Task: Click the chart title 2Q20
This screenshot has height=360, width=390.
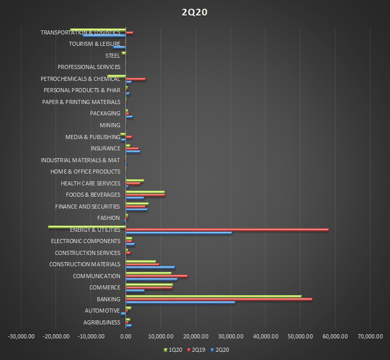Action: tap(194, 12)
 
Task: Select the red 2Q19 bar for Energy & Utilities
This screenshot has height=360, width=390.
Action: tap(227, 230)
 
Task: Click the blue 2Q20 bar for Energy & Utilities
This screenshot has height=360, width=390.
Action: tap(179, 233)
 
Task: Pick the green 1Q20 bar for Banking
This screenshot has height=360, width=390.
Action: tap(214, 296)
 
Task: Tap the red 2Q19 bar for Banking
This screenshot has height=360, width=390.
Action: tap(219, 299)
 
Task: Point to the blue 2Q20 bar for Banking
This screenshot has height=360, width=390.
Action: tap(180, 302)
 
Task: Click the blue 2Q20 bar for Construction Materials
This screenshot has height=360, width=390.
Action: tap(150, 267)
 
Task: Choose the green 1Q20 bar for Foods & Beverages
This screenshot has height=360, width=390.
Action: tap(145, 192)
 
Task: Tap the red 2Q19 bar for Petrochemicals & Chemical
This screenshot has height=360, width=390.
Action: tap(135, 79)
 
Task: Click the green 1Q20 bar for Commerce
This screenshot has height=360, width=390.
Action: tap(149, 284)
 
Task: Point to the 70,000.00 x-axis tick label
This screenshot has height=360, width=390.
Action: tap(370, 336)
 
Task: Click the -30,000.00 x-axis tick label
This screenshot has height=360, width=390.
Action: tap(21, 336)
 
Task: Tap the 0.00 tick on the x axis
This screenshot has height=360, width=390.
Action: tap(126, 336)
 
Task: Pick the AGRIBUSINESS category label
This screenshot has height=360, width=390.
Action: tap(101, 322)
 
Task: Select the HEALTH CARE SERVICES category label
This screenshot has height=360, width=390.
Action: tap(90, 183)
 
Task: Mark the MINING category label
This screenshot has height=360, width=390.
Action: tap(110, 125)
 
